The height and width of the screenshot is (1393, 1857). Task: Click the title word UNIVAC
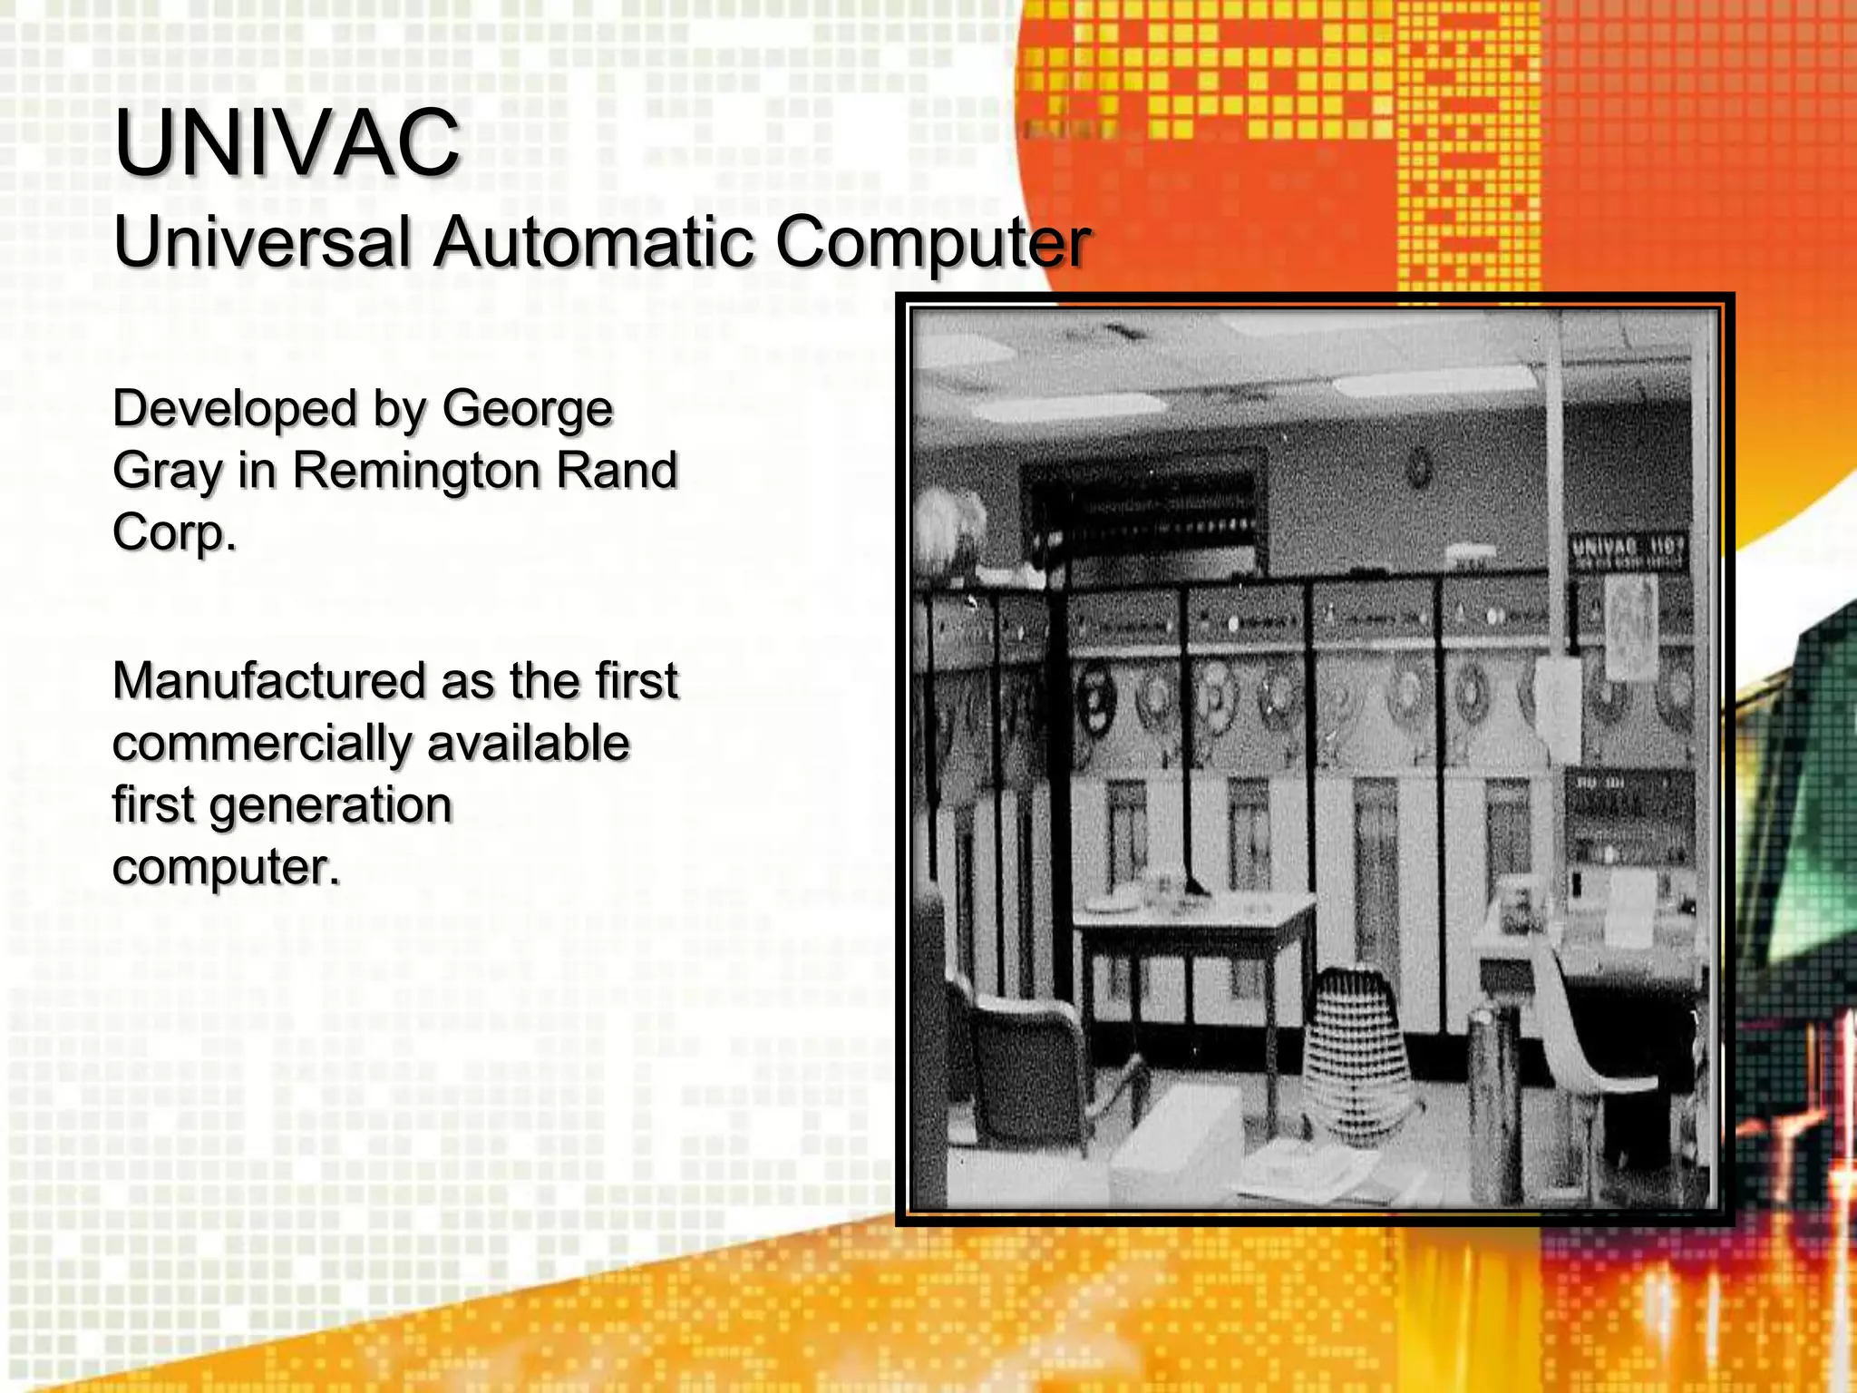[x=287, y=142]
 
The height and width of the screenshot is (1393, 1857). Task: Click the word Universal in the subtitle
[x=261, y=243]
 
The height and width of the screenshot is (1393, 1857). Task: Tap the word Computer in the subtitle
[x=932, y=243]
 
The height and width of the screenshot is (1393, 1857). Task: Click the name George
[x=528, y=410]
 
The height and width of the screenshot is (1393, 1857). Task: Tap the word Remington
[x=417, y=472]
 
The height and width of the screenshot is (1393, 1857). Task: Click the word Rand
[x=617, y=470]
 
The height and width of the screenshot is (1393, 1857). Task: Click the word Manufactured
[x=268, y=681]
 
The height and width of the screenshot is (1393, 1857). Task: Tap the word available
[x=529, y=744]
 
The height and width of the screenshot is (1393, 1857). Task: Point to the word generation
[x=331, y=805]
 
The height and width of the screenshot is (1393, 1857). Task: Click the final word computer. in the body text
[x=227, y=867]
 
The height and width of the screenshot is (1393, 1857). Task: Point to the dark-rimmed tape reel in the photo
[x=1095, y=699]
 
